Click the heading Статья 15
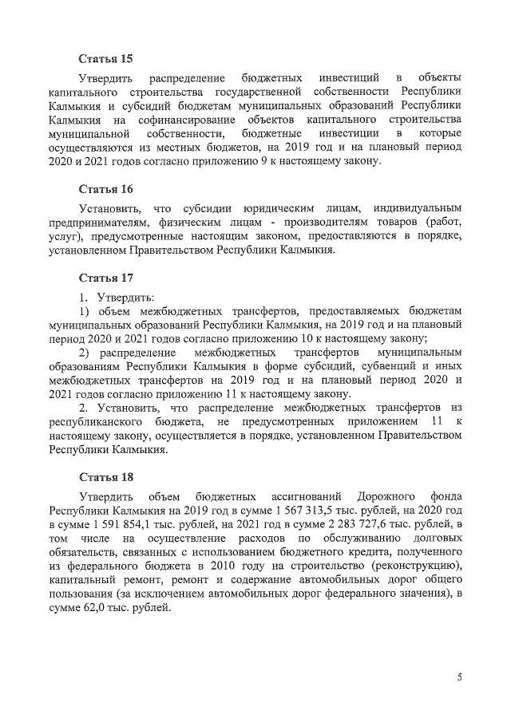105,59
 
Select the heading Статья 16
105,189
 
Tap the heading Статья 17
105,278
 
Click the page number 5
459,677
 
